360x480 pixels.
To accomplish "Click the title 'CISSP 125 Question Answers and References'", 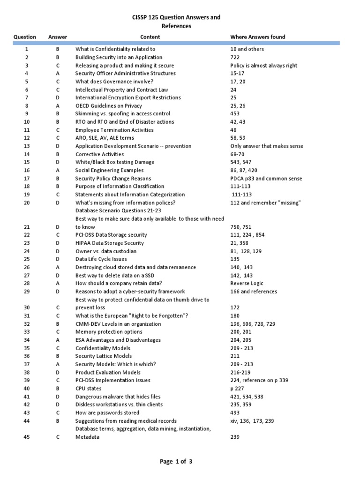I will click(177, 22).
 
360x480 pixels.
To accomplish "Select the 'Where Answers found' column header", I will click(257, 37).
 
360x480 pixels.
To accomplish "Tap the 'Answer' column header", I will click(58, 37).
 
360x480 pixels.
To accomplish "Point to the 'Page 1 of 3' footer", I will click(176, 462).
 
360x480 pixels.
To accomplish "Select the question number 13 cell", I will click(27, 146).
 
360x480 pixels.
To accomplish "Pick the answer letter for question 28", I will click(58, 283).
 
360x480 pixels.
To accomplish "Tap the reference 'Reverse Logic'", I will click(247, 283).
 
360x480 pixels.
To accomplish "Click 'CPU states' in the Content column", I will click(88, 389).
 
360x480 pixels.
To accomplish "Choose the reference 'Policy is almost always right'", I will click(264, 66).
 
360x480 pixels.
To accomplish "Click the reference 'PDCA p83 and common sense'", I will click(266, 179).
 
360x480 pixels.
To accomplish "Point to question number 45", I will click(27, 437).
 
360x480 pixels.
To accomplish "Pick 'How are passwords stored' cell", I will click(107, 412).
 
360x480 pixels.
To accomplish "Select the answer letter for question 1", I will click(58, 49).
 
